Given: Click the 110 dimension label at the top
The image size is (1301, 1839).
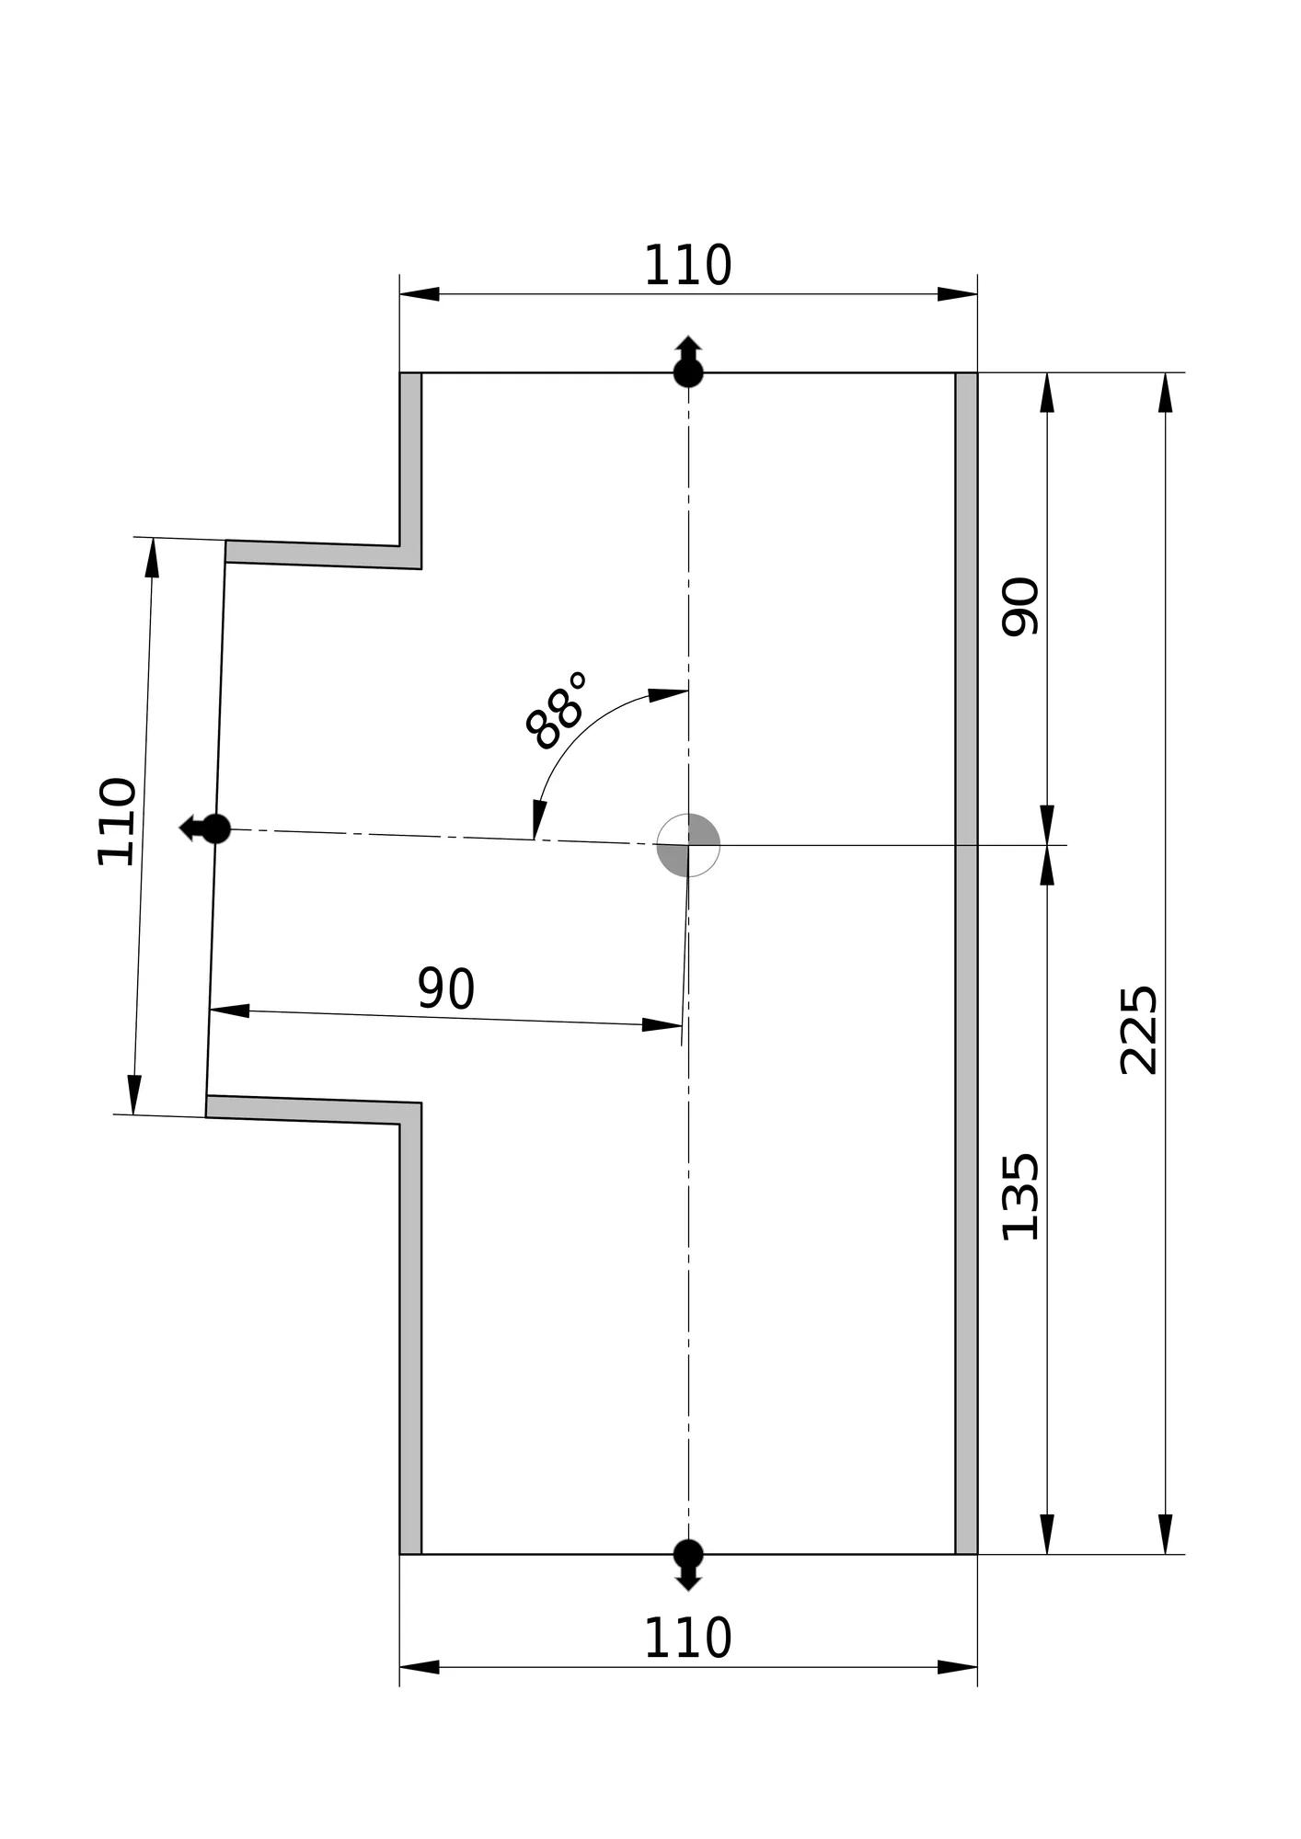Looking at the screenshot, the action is [687, 267].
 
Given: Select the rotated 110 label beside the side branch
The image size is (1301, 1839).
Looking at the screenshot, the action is [117, 821].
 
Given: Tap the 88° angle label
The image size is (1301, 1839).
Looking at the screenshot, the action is [556, 710].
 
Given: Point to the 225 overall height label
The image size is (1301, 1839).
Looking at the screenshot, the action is [1138, 1030].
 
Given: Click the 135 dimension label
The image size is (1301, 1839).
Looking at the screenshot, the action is [1020, 1196].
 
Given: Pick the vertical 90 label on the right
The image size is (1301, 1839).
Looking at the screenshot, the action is [1020, 606].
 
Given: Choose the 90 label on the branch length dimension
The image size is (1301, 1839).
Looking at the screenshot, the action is [446, 988].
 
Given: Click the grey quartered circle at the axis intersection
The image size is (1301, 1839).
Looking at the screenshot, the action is [688, 845].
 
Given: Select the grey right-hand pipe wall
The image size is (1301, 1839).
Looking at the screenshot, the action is [966, 963].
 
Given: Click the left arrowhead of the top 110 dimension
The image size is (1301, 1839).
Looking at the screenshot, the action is [420, 294].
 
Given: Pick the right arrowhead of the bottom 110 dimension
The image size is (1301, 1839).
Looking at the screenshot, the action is [957, 1667].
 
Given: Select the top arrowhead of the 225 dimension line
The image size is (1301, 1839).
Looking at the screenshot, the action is [1166, 393].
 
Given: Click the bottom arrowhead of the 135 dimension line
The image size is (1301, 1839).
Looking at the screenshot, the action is [1047, 1534].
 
